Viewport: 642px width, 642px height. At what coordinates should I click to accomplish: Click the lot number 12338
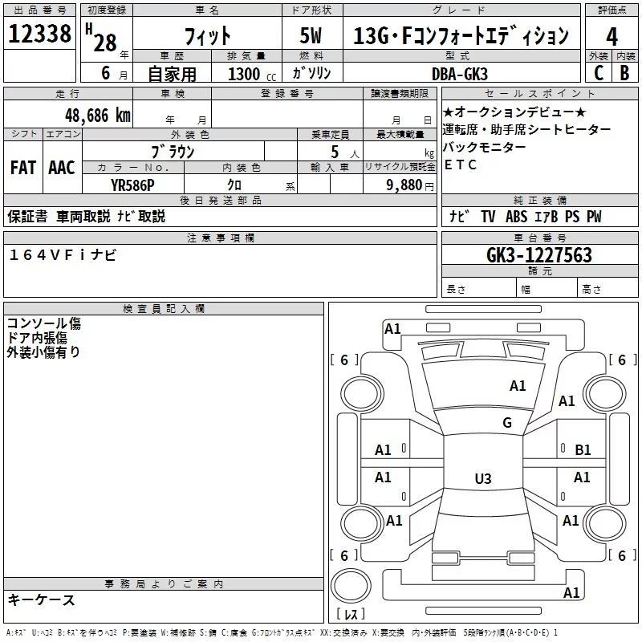coord(39,34)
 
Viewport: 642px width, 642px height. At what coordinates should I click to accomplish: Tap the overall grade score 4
coord(612,37)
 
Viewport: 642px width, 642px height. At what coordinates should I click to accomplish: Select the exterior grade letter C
coord(599,73)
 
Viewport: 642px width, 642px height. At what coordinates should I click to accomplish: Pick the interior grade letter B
coord(625,73)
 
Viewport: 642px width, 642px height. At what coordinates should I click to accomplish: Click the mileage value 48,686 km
coord(98,116)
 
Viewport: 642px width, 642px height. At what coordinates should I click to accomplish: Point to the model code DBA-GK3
coord(460,74)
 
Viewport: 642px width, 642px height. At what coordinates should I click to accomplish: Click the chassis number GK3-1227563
coord(539,255)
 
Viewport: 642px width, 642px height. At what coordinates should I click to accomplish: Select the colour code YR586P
coord(132,185)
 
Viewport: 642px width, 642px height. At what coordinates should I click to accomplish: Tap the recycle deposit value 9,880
coord(404,185)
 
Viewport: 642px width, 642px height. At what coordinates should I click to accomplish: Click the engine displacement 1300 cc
coord(252,74)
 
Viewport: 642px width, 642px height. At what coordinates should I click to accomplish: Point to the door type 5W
coord(311,35)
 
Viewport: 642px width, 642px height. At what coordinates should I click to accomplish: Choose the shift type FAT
coord(23,168)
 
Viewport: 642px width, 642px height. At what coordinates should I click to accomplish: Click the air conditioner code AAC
coord(62,168)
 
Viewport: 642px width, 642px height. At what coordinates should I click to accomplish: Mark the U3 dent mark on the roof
coord(483,478)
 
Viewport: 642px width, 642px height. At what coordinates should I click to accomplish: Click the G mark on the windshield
coord(507,422)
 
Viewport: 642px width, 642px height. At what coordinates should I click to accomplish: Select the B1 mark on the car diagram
coord(583,450)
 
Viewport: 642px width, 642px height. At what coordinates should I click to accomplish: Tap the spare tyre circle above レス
coord(351,586)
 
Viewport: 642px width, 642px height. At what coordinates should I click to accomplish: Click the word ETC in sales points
coord(460,165)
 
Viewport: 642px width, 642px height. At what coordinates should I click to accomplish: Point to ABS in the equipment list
coord(516,216)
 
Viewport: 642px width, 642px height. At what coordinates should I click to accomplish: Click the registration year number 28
coord(105,43)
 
